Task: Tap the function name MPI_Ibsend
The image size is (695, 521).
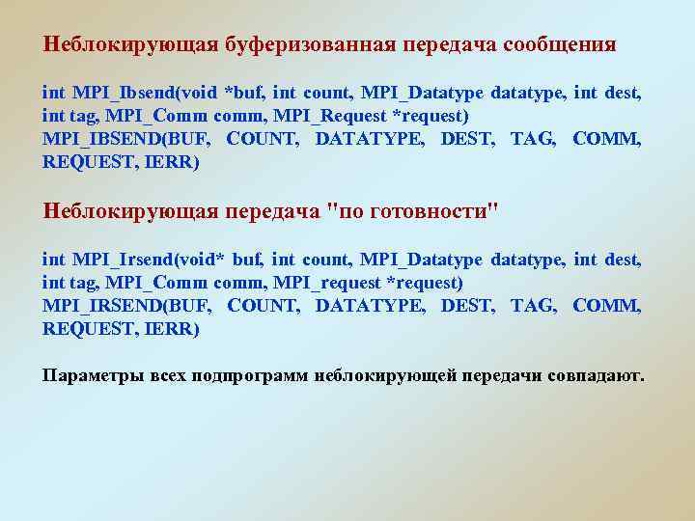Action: pos(108,94)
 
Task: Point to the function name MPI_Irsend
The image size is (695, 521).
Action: pos(107,260)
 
